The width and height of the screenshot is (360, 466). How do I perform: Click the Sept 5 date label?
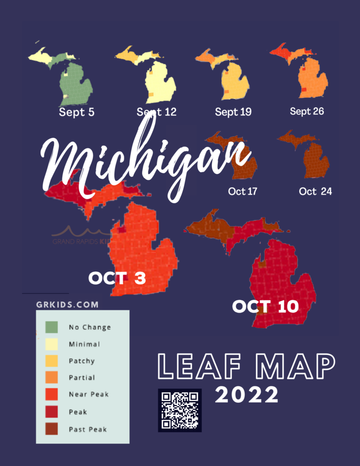(76, 113)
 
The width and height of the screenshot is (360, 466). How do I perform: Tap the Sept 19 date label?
(233, 112)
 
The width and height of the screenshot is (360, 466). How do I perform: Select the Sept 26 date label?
(307, 112)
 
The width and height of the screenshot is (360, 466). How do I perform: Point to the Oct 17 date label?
(242, 191)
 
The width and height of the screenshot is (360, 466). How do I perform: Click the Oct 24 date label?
(315, 191)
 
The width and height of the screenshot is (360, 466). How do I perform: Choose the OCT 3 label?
(117, 278)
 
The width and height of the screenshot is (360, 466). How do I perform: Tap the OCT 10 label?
(265, 307)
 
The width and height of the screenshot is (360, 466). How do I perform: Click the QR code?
(180, 410)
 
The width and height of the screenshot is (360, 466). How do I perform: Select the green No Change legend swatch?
(52, 327)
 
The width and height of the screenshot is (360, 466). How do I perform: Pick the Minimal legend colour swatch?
(52, 344)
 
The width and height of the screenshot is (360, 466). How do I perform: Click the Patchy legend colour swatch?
(52, 361)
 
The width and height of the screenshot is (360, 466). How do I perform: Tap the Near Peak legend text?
(89, 395)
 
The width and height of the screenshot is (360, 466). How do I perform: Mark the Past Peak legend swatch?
(52, 428)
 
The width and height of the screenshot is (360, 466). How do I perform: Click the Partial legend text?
(82, 378)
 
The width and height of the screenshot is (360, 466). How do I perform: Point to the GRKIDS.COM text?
(67, 305)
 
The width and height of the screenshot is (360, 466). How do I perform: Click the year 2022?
(247, 396)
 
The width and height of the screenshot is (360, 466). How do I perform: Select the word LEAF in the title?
(198, 368)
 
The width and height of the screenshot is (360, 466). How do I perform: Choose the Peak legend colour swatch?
(52, 412)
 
